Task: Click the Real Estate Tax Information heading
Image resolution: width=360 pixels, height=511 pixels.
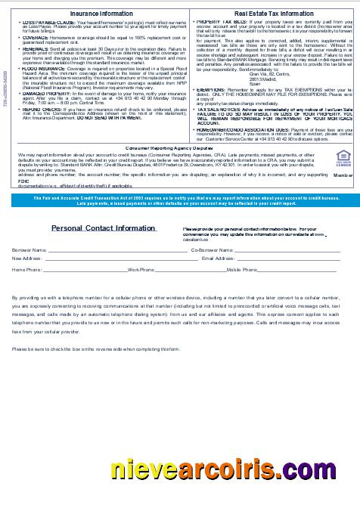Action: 273,14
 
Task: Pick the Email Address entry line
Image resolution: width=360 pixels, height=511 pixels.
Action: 287,259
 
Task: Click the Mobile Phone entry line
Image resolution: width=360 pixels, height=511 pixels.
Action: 298,269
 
